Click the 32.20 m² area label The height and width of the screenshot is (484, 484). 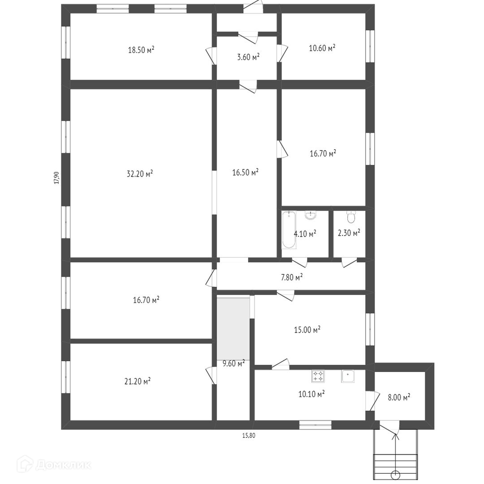click(140, 174)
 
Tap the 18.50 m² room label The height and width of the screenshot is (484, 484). click(141, 50)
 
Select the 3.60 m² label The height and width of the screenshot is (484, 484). click(248, 57)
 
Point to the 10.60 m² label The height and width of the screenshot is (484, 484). click(322, 48)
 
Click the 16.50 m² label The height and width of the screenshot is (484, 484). click(246, 172)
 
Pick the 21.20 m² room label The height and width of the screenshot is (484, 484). click(138, 381)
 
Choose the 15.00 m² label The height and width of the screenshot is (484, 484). click(307, 330)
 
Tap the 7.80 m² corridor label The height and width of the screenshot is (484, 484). click(292, 277)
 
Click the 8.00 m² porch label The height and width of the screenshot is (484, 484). click(399, 397)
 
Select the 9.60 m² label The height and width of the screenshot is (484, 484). click(233, 363)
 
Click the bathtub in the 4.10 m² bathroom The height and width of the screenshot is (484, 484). click(289, 230)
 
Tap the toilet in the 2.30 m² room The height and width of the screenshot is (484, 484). click(351, 217)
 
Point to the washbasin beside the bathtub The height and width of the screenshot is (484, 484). click(310, 215)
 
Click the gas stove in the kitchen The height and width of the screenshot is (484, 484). click(318, 376)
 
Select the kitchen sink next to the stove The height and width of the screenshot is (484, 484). click(348, 376)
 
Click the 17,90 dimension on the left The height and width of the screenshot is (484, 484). click(56, 178)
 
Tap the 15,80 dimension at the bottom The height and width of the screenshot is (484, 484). click(248, 436)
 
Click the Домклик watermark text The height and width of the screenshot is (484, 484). click(63, 465)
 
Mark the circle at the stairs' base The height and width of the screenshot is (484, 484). click(395, 475)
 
